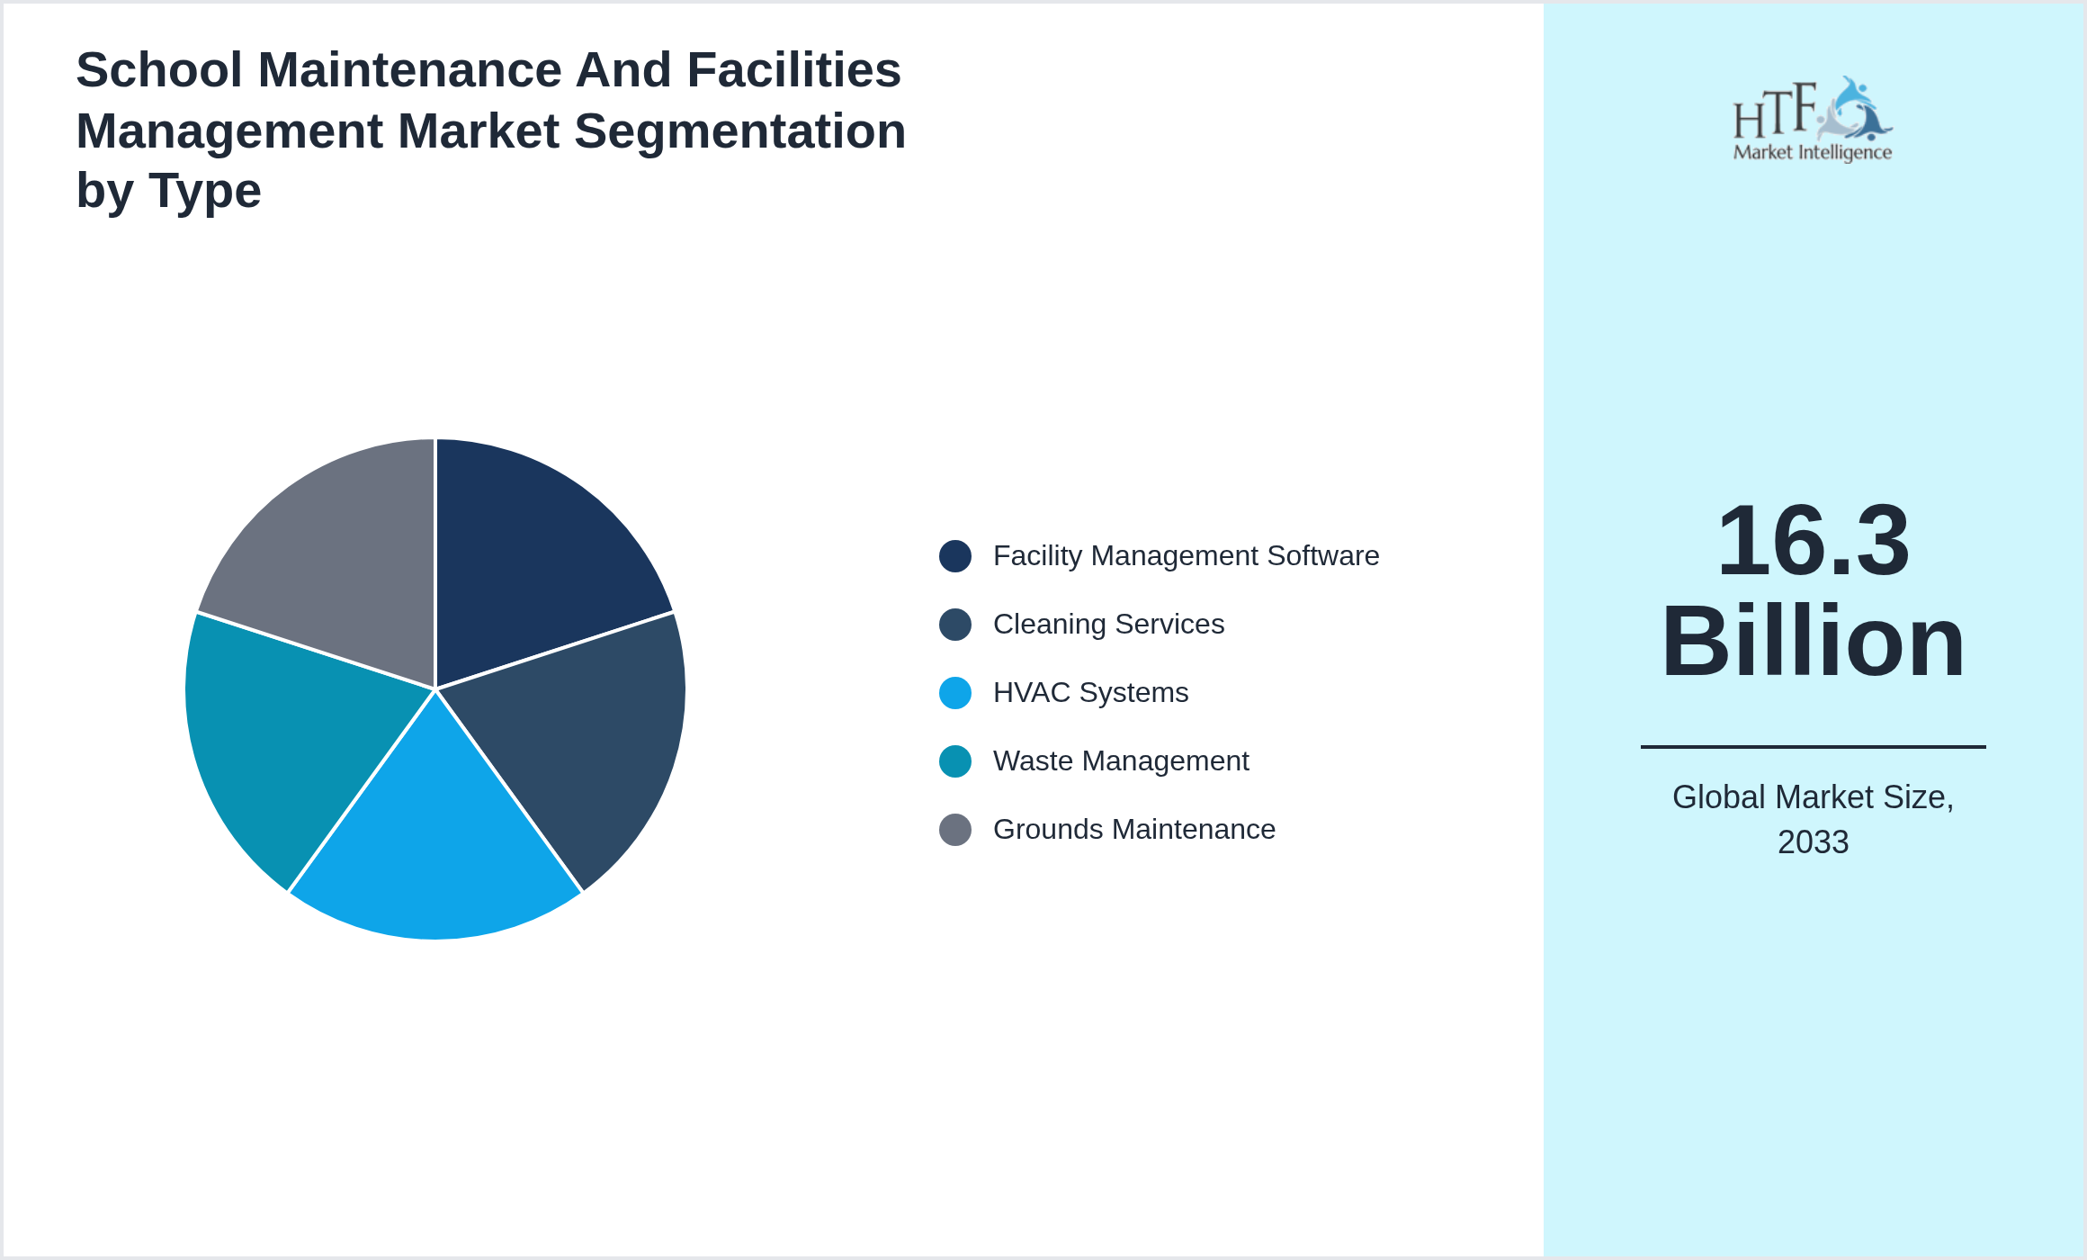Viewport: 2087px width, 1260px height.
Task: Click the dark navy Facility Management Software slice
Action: click(531, 558)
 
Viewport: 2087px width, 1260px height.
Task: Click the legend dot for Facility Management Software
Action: click(954, 556)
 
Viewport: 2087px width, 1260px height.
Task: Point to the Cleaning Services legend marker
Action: click(954, 625)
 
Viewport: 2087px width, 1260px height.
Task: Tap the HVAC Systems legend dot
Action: click(954, 693)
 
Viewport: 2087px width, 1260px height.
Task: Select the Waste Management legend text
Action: click(1120, 761)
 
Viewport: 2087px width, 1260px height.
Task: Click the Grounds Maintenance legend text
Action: click(1133, 830)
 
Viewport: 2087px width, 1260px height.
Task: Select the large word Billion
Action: click(1813, 642)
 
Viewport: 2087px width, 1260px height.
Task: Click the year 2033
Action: click(1813, 842)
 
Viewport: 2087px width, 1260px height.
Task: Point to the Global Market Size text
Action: click(1813, 797)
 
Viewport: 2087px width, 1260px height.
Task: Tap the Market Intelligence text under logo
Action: click(1812, 152)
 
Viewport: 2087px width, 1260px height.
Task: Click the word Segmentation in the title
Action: click(739, 131)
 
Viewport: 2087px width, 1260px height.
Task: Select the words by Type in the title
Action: click(168, 191)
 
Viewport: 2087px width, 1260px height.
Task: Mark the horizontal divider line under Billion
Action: click(1813, 746)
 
